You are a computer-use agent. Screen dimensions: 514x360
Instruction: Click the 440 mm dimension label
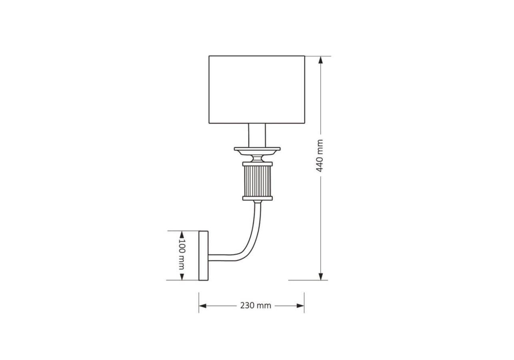point(319,156)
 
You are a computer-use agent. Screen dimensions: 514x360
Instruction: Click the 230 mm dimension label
point(256,306)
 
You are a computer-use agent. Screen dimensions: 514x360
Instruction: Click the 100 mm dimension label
point(182,254)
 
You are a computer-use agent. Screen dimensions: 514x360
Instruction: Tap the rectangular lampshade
point(257,90)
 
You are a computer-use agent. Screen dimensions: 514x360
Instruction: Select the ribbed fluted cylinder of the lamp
point(257,181)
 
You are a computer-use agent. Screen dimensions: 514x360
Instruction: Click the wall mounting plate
point(203,256)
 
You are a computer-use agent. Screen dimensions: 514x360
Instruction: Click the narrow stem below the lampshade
point(257,135)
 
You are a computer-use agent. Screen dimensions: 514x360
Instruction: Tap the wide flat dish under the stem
point(257,151)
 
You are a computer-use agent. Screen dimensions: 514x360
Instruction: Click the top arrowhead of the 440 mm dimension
point(321,60)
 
